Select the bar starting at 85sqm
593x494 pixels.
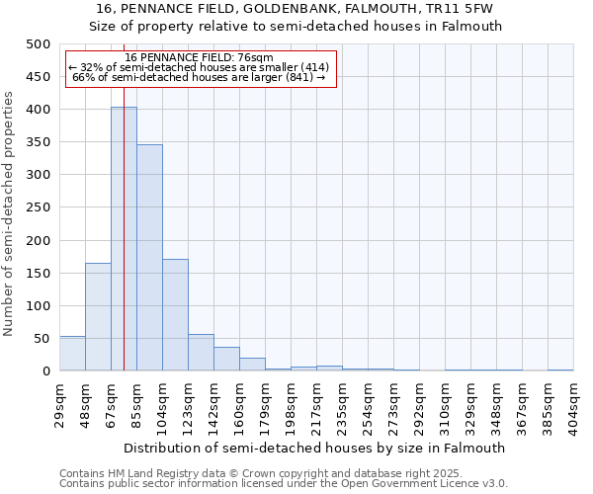tap(149, 258)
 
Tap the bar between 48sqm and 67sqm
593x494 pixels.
tap(98, 317)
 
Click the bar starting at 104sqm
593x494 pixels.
tap(175, 315)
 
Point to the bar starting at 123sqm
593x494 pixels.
tap(201, 353)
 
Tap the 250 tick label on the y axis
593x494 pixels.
tap(39, 207)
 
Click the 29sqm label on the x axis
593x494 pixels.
tap(59, 400)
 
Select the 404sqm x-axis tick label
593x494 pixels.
tap(573, 400)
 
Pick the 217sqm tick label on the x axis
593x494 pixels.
tap(316, 400)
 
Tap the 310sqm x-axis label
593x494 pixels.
tap(445, 400)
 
